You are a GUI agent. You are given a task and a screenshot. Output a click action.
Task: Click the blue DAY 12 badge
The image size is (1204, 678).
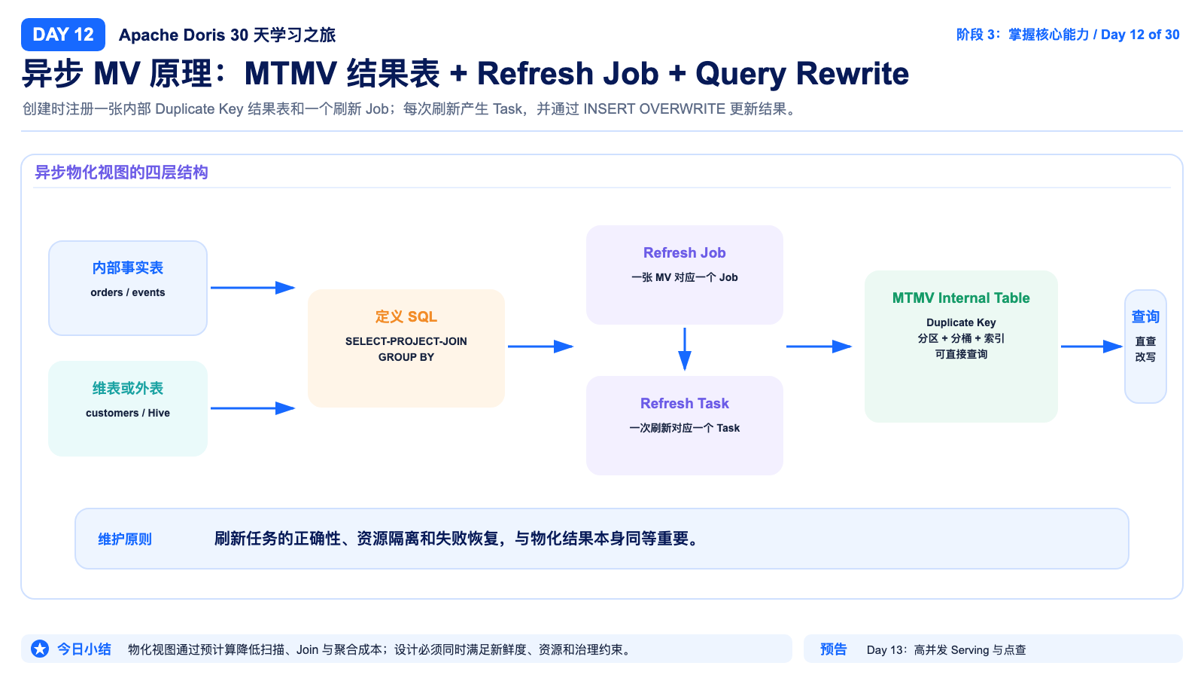coord(63,35)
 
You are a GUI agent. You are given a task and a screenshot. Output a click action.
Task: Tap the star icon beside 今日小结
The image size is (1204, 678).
coord(39,649)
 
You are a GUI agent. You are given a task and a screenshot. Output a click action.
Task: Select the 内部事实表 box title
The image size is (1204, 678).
coord(127,268)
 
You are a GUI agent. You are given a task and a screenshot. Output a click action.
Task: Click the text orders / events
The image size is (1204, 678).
coord(127,292)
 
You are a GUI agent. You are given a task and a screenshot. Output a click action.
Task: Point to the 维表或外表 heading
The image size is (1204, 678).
coord(127,389)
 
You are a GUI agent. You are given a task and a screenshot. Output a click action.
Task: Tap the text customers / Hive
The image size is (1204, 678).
coord(127,413)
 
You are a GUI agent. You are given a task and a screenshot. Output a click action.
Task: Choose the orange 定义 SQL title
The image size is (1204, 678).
coord(406,316)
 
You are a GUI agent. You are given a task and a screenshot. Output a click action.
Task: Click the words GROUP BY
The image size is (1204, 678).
coord(406,357)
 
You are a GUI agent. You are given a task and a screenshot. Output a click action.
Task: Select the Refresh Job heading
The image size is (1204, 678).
coord(684,252)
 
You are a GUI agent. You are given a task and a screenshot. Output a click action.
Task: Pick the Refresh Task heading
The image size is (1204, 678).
coord(684,403)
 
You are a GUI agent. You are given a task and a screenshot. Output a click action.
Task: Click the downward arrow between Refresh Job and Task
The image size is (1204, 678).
coord(684,349)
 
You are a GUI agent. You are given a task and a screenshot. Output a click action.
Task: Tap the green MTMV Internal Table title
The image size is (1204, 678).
coord(960,298)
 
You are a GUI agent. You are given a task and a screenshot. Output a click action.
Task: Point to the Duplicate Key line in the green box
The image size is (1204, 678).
coord(960,322)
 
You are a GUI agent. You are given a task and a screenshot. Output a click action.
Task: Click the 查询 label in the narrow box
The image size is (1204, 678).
coord(1145,316)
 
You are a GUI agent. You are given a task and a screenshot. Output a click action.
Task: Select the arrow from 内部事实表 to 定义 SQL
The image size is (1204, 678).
coord(253,288)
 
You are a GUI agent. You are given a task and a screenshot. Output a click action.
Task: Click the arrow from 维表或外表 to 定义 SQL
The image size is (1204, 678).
coord(253,408)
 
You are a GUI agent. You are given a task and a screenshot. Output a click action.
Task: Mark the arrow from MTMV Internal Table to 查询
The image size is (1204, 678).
coord(1091,347)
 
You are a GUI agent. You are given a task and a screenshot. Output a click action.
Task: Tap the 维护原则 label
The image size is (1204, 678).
coord(125,539)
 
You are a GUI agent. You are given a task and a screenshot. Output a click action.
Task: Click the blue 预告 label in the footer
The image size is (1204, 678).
coord(833,649)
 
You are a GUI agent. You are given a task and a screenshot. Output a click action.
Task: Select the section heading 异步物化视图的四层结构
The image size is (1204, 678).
coord(121,173)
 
